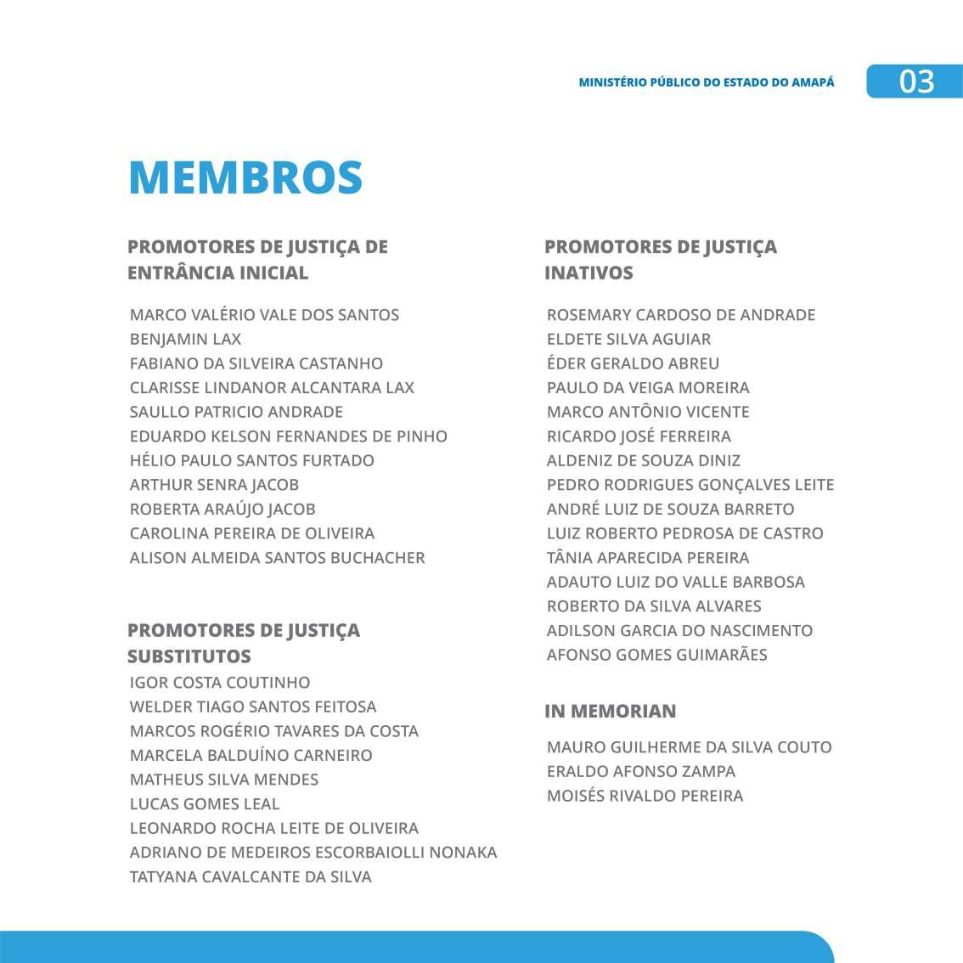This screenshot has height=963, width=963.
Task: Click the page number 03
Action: (x=916, y=82)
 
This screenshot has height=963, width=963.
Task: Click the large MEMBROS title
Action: (x=245, y=177)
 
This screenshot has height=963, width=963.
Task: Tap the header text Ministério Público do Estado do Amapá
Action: (x=706, y=82)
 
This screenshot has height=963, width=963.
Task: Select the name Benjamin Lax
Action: (x=185, y=339)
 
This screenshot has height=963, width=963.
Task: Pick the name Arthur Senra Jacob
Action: (x=214, y=485)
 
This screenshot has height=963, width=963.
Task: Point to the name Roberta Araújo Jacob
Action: (x=222, y=510)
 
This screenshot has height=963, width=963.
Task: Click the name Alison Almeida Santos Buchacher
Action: (x=277, y=558)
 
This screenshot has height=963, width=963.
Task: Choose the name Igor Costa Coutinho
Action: (x=220, y=683)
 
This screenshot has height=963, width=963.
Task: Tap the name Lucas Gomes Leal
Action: (x=205, y=804)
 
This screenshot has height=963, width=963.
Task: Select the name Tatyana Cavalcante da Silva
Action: (x=251, y=877)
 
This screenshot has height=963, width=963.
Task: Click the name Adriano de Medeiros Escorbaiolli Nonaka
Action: (x=313, y=853)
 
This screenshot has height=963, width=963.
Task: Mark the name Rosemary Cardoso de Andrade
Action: (x=681, y=315)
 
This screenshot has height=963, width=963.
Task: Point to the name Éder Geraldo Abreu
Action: (x=633, y=363)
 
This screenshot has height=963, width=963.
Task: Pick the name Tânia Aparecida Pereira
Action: (x=648, y=558)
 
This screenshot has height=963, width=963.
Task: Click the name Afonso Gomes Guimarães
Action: (x=656, y=655)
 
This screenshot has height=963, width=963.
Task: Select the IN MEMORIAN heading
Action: (x=611, y=712)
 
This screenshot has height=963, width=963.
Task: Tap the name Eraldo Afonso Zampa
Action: (x=641, y=772)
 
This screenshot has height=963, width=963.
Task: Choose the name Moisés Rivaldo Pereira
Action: (x=645, y=797)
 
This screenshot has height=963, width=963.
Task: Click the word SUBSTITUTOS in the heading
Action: (x=189, y=656)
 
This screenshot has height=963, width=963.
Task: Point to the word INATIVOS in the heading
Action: (x=588, y=273)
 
